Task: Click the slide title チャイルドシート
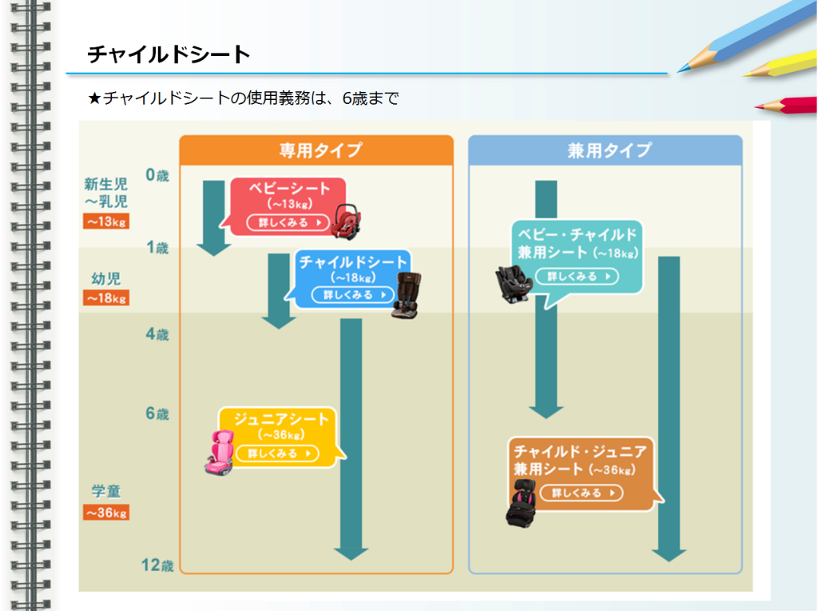[169, 54]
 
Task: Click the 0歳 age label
[157, 175]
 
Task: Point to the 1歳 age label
[157, 248]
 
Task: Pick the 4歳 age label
[157, 334]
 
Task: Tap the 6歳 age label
[157, 414]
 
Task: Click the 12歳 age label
[157, 565]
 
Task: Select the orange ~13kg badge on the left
[106, 222]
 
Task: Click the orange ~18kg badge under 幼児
[106, 298]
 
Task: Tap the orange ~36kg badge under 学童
[106, 513]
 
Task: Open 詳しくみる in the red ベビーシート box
[288, 222]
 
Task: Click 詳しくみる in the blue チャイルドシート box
[353, 295]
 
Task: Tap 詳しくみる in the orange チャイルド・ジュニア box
[581, 493]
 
